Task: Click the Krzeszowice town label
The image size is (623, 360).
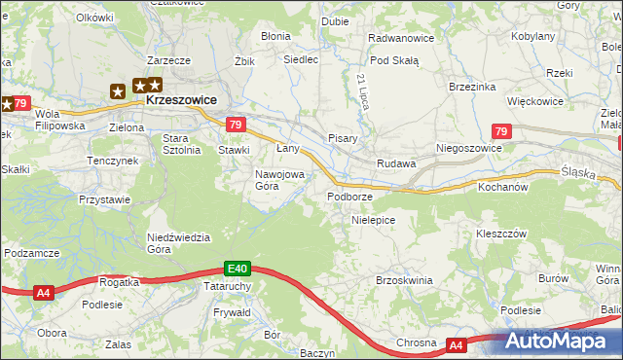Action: pos(181,100)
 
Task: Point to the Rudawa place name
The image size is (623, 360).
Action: pos(396,163)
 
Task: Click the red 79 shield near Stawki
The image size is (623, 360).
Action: pos(235,125)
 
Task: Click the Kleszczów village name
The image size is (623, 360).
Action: pos(500,234)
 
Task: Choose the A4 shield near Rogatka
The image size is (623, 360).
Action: pos(43,291)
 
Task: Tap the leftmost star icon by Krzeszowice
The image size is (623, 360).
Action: pos(119,91)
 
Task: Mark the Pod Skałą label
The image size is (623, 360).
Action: pos(394,59)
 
